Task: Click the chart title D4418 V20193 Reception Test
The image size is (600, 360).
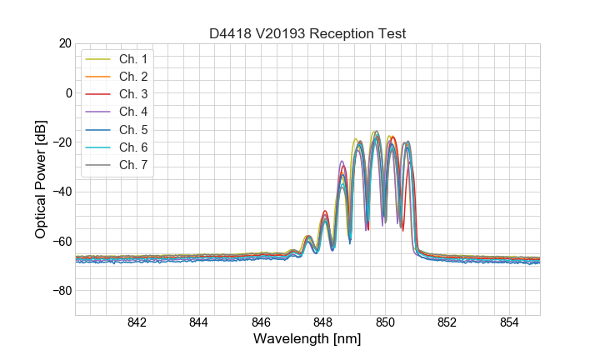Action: pos(307,33)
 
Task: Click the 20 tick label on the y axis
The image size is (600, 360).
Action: pos(62,43)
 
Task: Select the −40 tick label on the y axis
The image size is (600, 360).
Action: pos(59,192)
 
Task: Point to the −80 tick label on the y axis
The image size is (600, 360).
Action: pos(59,291)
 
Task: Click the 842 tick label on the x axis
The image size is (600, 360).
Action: pos(137,323)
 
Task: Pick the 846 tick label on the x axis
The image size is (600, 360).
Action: pos(261,323)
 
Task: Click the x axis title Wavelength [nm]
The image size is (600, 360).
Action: pos(307,341)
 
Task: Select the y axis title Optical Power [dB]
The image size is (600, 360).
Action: pos(40,179)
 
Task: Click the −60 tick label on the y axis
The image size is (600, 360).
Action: pos(59,242)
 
